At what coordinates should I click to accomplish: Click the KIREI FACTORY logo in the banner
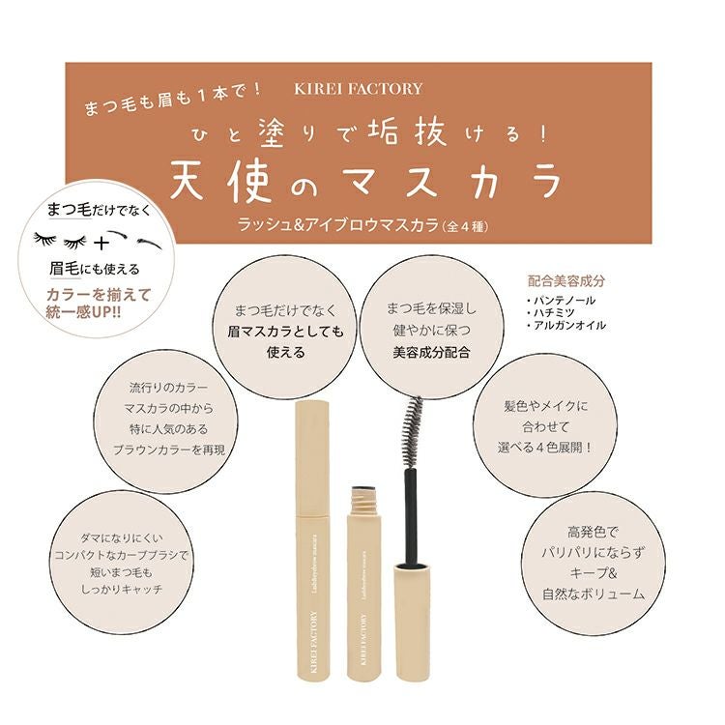(358, 89)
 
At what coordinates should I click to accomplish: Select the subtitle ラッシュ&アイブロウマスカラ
(337, 224)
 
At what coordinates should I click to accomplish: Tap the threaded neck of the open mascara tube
(363, 502)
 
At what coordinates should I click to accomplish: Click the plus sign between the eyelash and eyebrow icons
(101, 243)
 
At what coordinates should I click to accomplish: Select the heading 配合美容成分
(565, 281)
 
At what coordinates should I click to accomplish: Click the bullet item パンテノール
(561, 301)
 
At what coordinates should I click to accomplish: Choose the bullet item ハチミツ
(551, 313)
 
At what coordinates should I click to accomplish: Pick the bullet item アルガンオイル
(565, 326)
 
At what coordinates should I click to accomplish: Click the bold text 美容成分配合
(431, 353)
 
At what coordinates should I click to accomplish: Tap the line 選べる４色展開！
(544, 448)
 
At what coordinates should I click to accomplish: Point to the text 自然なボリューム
(594, 594)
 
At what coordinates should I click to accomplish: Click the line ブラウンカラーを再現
(169, 449)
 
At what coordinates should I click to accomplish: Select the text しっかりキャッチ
(122, 590)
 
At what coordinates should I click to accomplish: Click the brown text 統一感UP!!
(84, 312)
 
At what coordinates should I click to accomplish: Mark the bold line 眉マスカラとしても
(286, 332)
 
